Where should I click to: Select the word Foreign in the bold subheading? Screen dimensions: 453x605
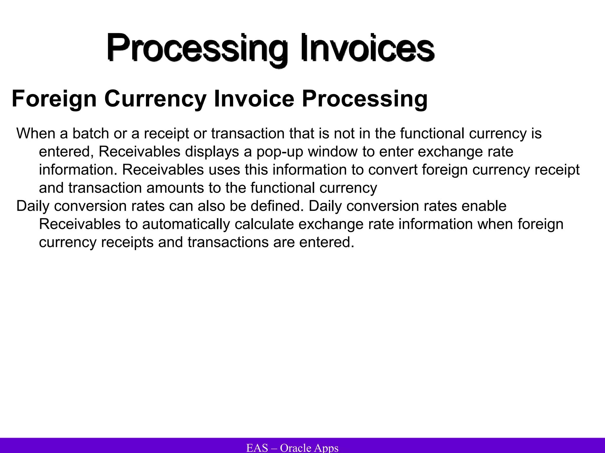54,99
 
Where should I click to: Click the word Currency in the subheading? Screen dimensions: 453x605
155,99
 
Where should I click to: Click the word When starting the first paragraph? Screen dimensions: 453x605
36,133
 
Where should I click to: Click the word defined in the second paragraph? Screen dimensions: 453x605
277,206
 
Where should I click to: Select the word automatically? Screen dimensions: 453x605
186,224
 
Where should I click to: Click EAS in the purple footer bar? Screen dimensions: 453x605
257,448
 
